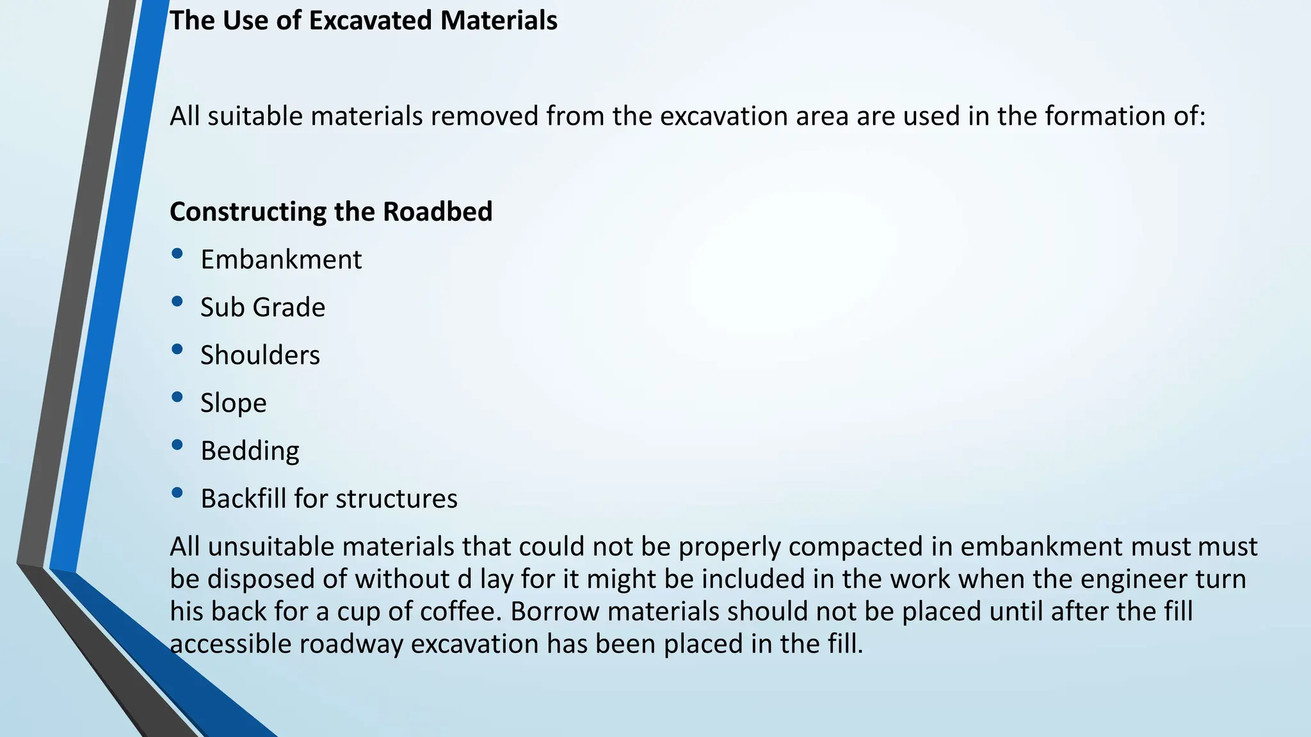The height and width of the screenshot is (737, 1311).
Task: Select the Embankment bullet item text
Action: pos(281,260)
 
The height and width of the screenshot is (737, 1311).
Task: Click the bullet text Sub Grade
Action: pos(262,308)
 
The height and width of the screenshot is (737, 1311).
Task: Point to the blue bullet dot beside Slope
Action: pos(177,397)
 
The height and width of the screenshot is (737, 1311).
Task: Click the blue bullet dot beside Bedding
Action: pos(177,445)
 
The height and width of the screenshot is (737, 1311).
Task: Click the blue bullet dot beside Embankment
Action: pos(177,254)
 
